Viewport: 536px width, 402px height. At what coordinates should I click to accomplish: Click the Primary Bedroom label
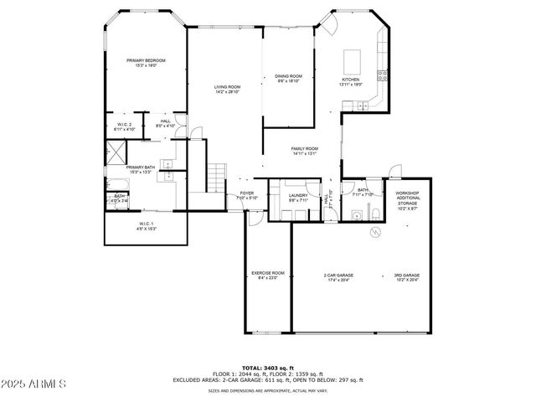(146, 63)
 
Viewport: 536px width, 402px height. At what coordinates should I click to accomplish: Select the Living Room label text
(227, 89)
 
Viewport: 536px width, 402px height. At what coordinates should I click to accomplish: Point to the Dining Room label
(288, 79)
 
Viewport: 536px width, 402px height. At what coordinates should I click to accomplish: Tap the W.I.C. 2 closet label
(125, 127)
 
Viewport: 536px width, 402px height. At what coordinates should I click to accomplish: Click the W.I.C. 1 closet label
(147, 226)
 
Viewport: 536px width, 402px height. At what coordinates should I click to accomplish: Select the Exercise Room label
(268, 276)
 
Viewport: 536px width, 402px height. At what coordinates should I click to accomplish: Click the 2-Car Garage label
(338, 277)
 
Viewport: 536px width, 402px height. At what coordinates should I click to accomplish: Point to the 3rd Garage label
(407, 277)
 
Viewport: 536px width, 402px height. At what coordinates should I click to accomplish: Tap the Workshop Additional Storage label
(407, 198)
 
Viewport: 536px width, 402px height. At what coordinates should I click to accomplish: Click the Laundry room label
(299, 198)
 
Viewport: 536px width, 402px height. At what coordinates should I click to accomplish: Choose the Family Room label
(305, 151)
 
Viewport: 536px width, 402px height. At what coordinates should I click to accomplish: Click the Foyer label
(247, 195)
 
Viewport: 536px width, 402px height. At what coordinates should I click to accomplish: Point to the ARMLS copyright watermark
(35, 385)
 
